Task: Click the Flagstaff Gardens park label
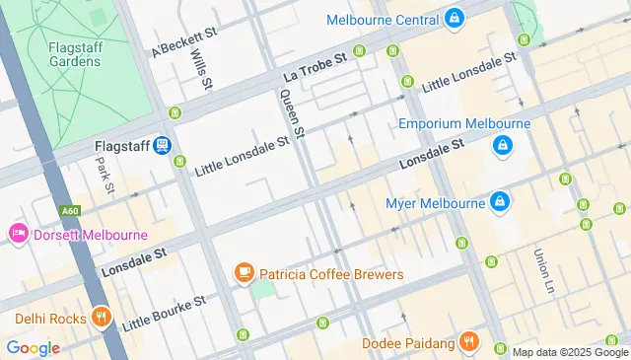tap(73, 53)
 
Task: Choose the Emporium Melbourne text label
tap(464, 124)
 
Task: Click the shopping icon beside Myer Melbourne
tap(501, 202)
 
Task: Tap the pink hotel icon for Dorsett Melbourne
tap(17, 235)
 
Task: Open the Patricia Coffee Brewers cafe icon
tap(243, 273)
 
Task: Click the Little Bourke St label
tap(163, 312)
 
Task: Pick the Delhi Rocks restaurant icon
tap(100, 318)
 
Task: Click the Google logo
tap(33, 347)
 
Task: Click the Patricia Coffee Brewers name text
tap(331, 273)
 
